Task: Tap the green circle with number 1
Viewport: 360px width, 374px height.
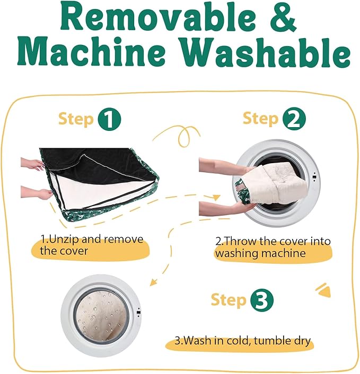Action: (x=110, y=119)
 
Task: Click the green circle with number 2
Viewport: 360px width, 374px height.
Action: (x=294, y=119)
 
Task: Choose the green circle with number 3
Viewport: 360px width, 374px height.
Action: (x=261, y=300)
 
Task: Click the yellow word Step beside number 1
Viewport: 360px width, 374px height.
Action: (x=76, y=119)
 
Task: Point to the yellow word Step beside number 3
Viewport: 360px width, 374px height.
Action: (x=229, y=300)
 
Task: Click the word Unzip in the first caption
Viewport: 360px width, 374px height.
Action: (x=64, y=239)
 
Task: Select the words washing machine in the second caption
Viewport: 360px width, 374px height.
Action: (x=260, y=253)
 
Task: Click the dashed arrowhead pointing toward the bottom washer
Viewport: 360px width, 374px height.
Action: (x=153, y=282)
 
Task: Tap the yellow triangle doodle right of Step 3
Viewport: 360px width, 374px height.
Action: (x=324, y=291)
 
